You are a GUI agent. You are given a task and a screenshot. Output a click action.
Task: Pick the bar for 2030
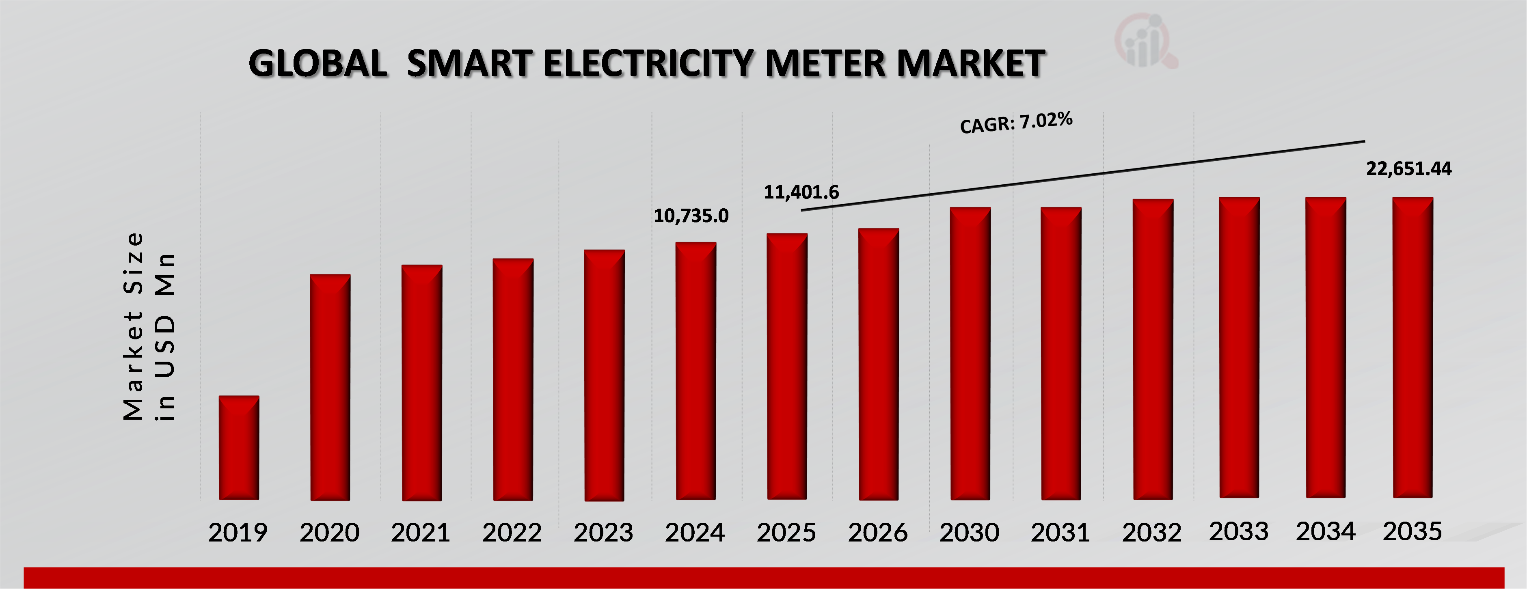(970, 353)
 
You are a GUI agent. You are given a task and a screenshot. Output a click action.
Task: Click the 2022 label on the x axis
(512, 533)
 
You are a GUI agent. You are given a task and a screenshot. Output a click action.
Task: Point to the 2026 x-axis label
(877, 533)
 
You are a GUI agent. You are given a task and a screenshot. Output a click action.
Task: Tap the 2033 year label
(1239, 531)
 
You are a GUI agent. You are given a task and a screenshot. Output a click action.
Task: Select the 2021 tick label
(420, 533)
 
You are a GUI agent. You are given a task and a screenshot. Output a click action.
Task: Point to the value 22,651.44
(1408, 169)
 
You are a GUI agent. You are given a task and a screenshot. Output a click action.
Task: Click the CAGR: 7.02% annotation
(1016, 123)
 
